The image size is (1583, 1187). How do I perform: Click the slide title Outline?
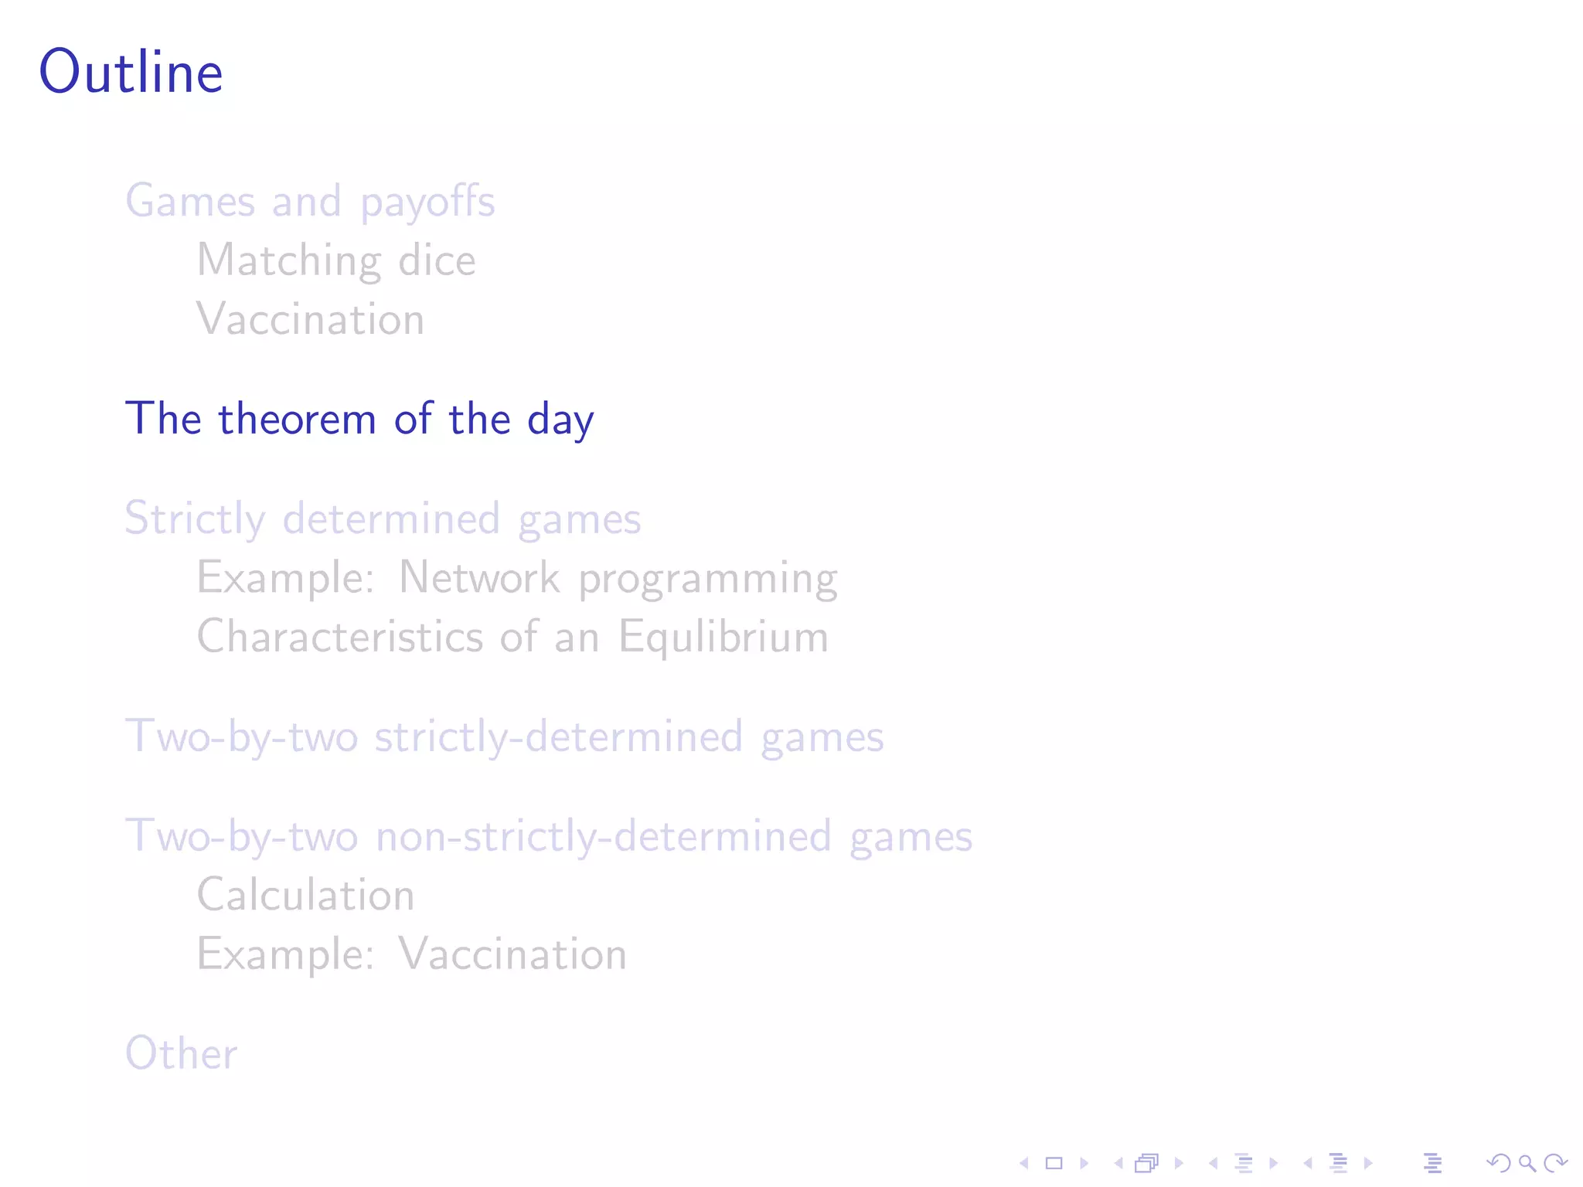pos(131,72)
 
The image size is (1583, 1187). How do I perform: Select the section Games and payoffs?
pos(310,202)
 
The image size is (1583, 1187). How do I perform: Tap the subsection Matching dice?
pos(336,260)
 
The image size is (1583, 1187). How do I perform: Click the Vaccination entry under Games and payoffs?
pos(311,319)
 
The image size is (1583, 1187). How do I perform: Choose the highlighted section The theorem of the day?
pos(359,420)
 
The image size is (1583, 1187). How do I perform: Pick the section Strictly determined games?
pos(383,519)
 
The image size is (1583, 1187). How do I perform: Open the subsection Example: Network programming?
pos(517,578)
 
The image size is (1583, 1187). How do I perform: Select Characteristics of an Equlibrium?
pos(512,638)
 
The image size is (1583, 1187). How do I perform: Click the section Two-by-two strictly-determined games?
pos(504,736)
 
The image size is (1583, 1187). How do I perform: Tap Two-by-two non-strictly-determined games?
pos(549,836)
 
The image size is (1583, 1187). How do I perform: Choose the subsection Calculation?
pos(306,896)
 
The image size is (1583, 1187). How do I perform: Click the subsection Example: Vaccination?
pos(411,954)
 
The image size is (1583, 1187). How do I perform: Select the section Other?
pos(182,1053)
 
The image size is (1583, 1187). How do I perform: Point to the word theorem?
pos(298,420)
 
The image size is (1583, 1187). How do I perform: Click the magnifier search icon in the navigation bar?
pos(1527,1163)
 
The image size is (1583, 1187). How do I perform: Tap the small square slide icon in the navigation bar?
pos(1054,1163)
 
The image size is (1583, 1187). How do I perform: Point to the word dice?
pos(437,260)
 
